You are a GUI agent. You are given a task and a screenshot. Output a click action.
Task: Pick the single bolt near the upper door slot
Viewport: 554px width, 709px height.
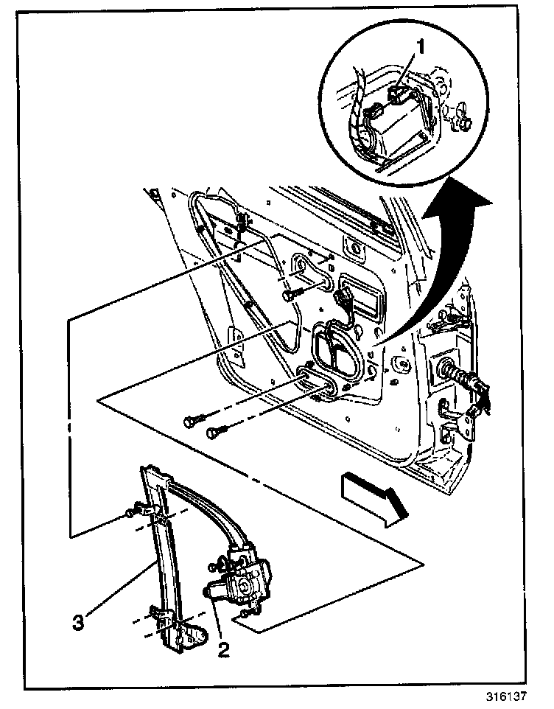[x=290, y=295]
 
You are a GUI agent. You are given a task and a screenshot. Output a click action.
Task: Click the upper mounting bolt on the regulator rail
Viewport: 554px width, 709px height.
[x=130, y=511]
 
